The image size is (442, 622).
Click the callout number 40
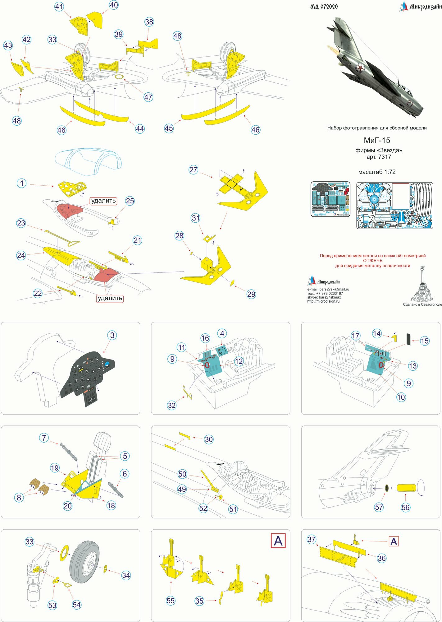tap(114, 5)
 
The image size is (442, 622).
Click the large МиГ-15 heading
tap(377, 140)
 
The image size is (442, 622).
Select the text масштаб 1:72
tap(377, 172)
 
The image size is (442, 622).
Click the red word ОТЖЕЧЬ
tap(373, 261)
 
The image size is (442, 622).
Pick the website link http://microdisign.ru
tap(323, 301)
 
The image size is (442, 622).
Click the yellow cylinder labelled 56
tap(406, 488)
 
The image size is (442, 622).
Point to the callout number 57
tap(379, 507)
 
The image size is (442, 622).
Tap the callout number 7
tap(44, 438)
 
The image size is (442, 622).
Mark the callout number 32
tap(171, 405)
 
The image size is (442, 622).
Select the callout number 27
tap(193, 169)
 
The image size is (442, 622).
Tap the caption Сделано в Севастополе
tap(422, 304)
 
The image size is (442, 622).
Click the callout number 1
tap(22, 183)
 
